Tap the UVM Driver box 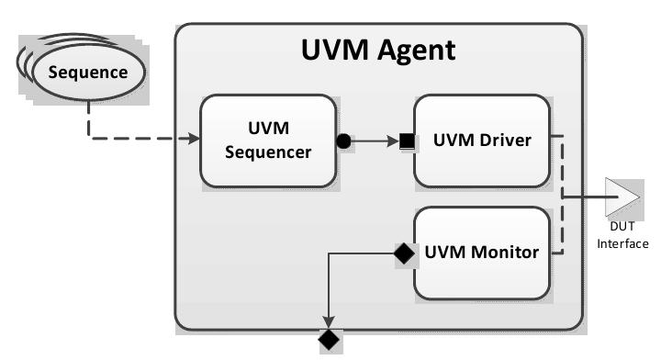[x=482, y=141]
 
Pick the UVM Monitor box [x=482, y=252]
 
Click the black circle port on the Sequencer [x=343, y=141]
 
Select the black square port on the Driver [x=404, y=141]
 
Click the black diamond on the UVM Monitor [x=401, y=251]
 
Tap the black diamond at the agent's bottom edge [x=328, y=341]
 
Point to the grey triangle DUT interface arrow [x=622, y=197]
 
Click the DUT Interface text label [x=622, y=236]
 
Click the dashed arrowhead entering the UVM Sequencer [x=194, y=140]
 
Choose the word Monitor [x=504, y=252]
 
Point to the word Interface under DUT [x=622, y=243]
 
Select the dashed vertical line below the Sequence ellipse [x=88, y=119]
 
